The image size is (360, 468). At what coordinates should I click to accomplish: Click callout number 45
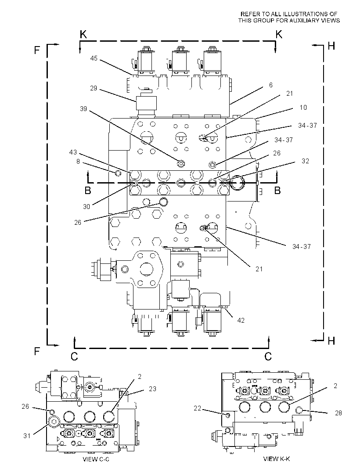pyautogui.click(x=94, y=58)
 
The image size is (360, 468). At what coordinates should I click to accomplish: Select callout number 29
pyautogui.click(x=94, y=88)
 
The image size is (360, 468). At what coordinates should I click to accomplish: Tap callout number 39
pyautogui.click(x=83, y=108)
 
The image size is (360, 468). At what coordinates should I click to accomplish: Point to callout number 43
pyautogui.click(x=73, y=152)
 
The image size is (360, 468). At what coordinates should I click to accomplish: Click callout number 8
pyautogui.click(x=78, y=162)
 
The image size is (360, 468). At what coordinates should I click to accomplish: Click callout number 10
pyautogui.click(x=303, y=108)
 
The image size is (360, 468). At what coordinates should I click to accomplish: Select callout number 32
pyautogui.click(x=306, y=161)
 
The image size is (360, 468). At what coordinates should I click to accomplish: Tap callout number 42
pyautogui.click(x=241, y=320)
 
